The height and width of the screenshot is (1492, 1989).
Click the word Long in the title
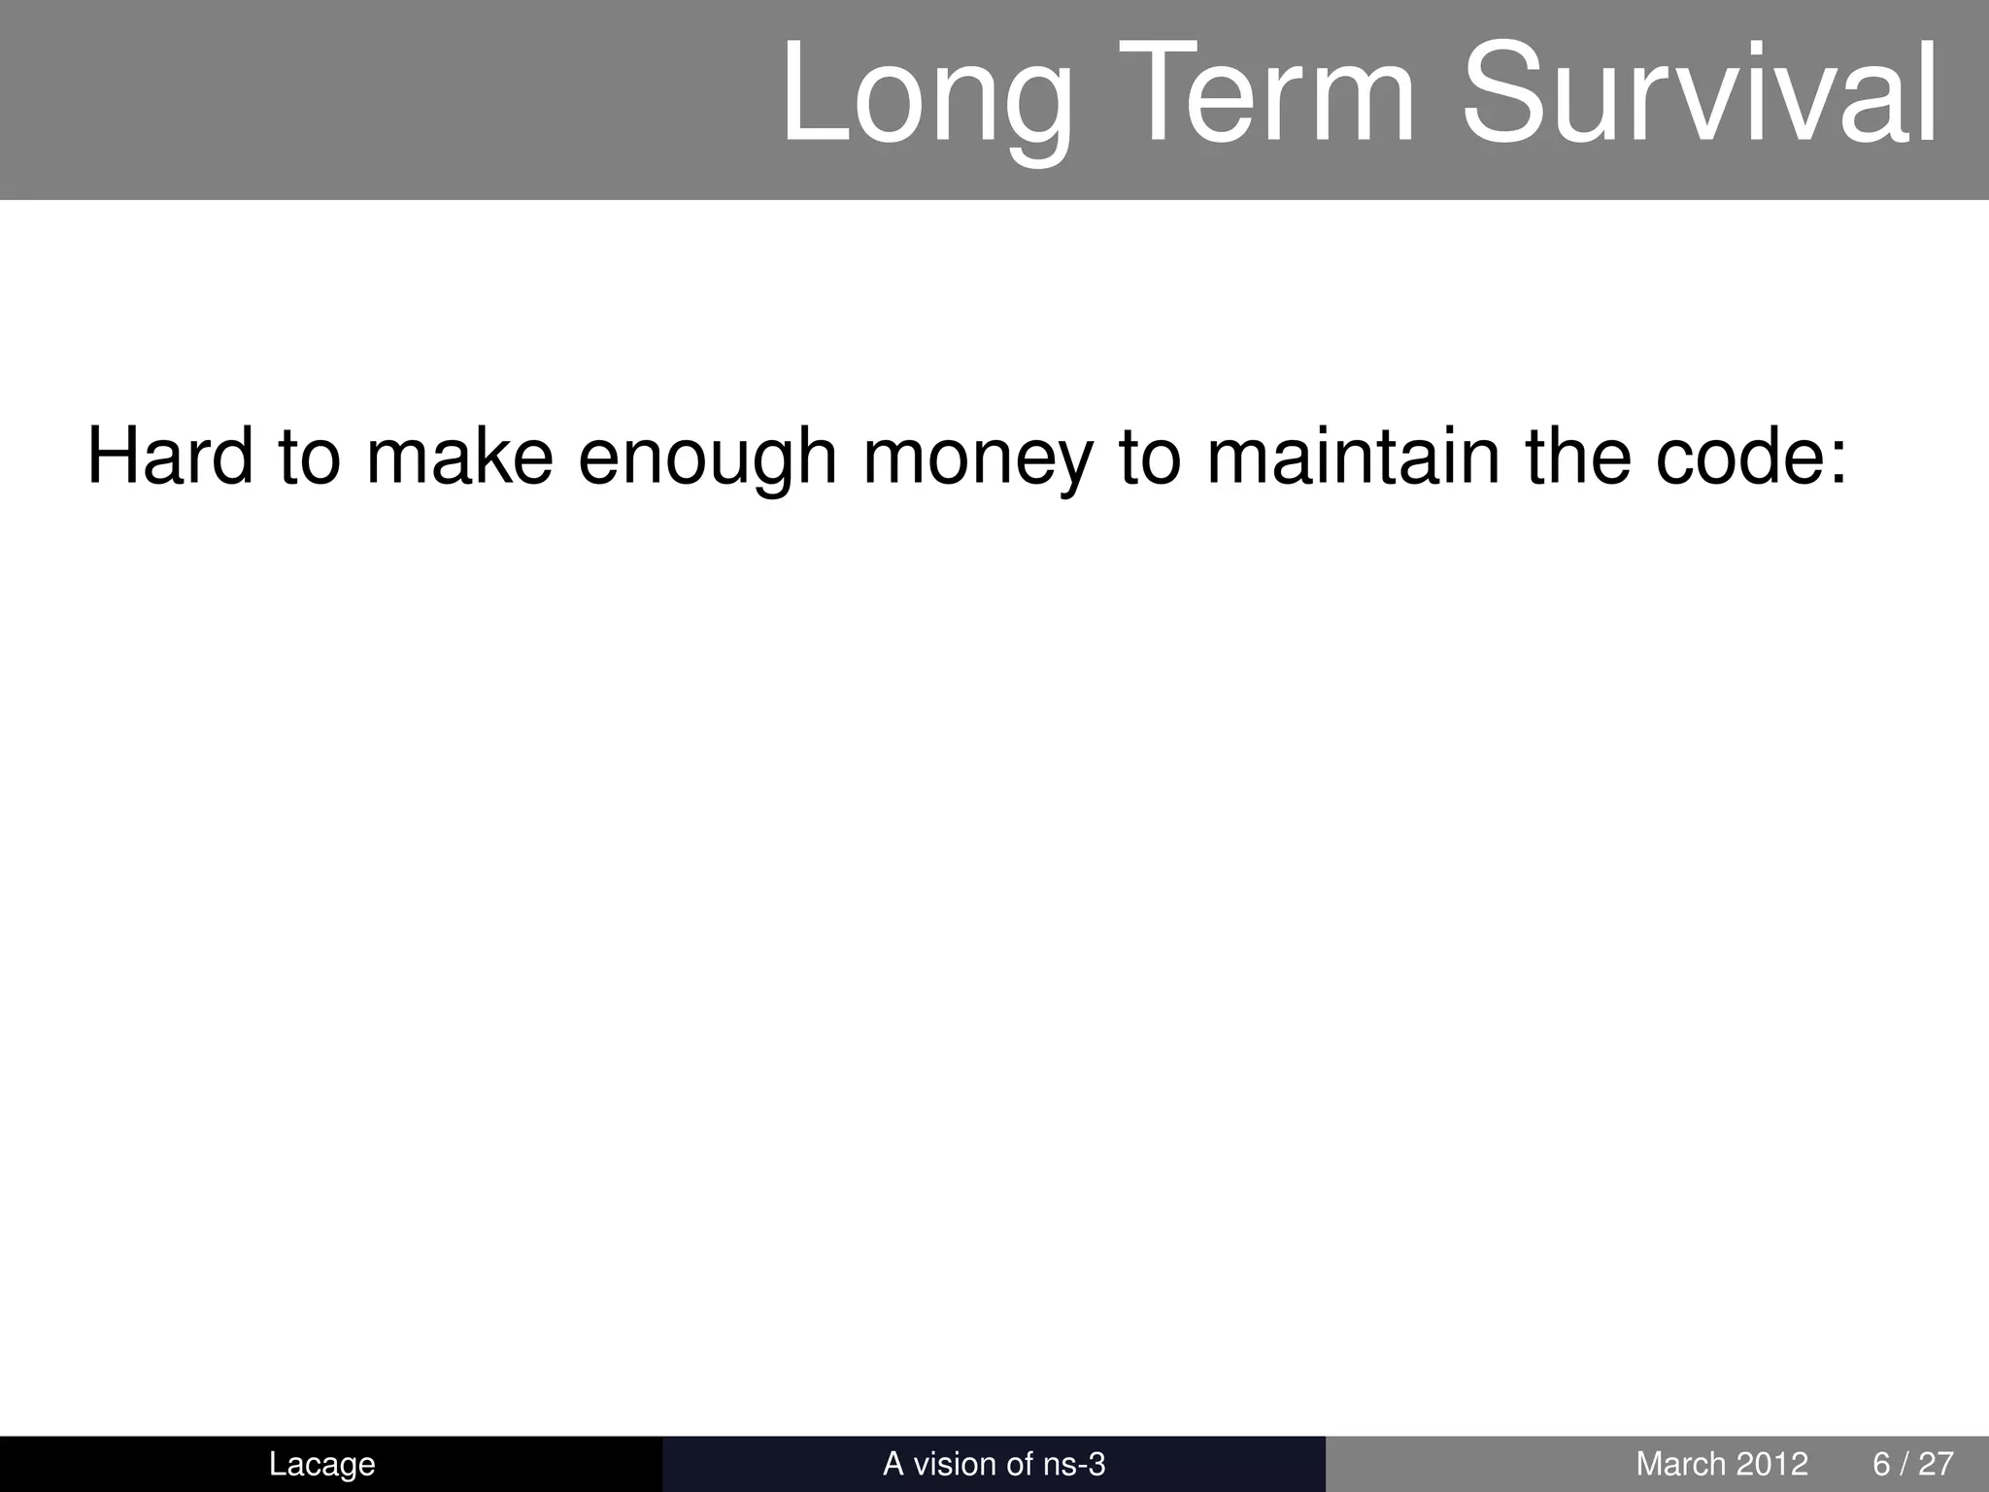click(927, 97)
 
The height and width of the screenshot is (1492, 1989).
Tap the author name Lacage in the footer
click(321, 1464)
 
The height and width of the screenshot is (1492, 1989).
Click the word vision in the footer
click(954, 1464)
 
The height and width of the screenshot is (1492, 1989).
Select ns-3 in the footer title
click(1074, 1464)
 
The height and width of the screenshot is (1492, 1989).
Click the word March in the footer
click(1676, 1464)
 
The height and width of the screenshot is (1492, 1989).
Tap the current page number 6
click(1881, 1464)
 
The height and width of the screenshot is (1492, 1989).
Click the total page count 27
click(1936, 1464)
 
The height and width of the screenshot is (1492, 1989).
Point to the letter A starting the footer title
click(893, 1464)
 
